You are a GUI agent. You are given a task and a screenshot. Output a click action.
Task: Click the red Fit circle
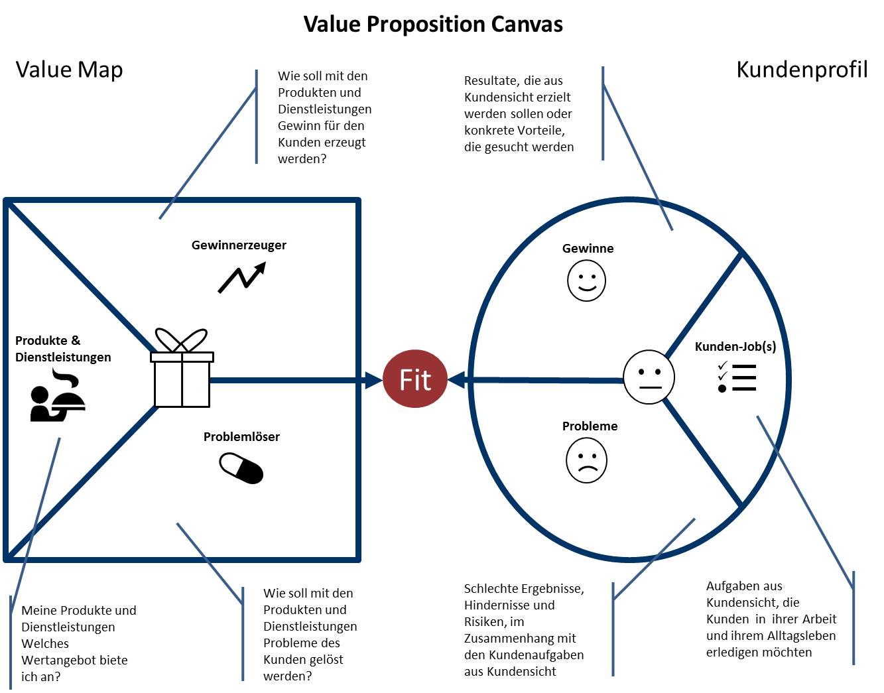tap(415, 379)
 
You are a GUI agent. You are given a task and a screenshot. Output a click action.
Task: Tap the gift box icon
tap(182, 371)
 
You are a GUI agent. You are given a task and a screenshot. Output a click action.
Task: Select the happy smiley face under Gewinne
tap(586, 280)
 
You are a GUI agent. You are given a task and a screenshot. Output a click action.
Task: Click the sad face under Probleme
tap(586, 460)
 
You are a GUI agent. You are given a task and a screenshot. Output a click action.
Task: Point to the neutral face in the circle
tap(649, 377)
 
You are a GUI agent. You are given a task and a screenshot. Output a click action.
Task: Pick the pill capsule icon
tap(241, 468)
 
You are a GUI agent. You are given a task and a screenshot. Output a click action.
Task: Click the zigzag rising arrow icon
tap(242, 277)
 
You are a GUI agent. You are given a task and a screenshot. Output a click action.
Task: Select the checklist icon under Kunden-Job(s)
tap(737, 377)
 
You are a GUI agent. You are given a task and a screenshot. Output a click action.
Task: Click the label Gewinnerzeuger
tap(239, 245)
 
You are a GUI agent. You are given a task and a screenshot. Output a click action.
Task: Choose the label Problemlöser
tap(241, 436)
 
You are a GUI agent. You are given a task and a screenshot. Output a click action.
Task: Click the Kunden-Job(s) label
tap(735, 346)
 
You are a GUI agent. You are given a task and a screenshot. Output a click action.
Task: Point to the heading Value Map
tap(69, 70)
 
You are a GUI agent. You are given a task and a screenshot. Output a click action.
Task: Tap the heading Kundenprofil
tap(802, 70)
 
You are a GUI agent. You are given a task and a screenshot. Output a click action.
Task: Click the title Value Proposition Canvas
tap(433, 25)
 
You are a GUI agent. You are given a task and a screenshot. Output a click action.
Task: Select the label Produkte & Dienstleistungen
tap(63, 349)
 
